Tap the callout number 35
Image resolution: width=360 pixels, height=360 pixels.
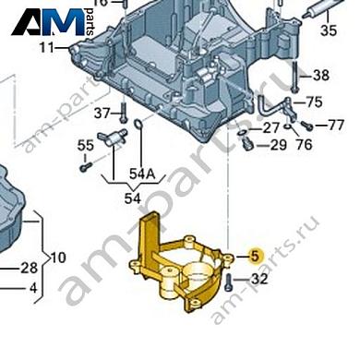[329, 30]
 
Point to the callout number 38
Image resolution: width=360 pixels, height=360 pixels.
[320, 76]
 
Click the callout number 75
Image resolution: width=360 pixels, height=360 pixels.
[314, 102]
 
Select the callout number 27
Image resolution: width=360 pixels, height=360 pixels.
[271, 127]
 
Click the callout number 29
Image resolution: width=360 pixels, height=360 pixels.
[278, 146]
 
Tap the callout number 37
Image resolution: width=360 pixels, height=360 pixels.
[102, 113]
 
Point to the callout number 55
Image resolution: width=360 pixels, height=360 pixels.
[86, 144]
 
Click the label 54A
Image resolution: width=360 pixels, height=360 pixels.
[143, 174]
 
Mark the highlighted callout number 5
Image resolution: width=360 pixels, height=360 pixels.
[256, 256]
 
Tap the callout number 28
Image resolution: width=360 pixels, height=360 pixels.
[29, 268]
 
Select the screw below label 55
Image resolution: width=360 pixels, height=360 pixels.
[84, 167]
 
